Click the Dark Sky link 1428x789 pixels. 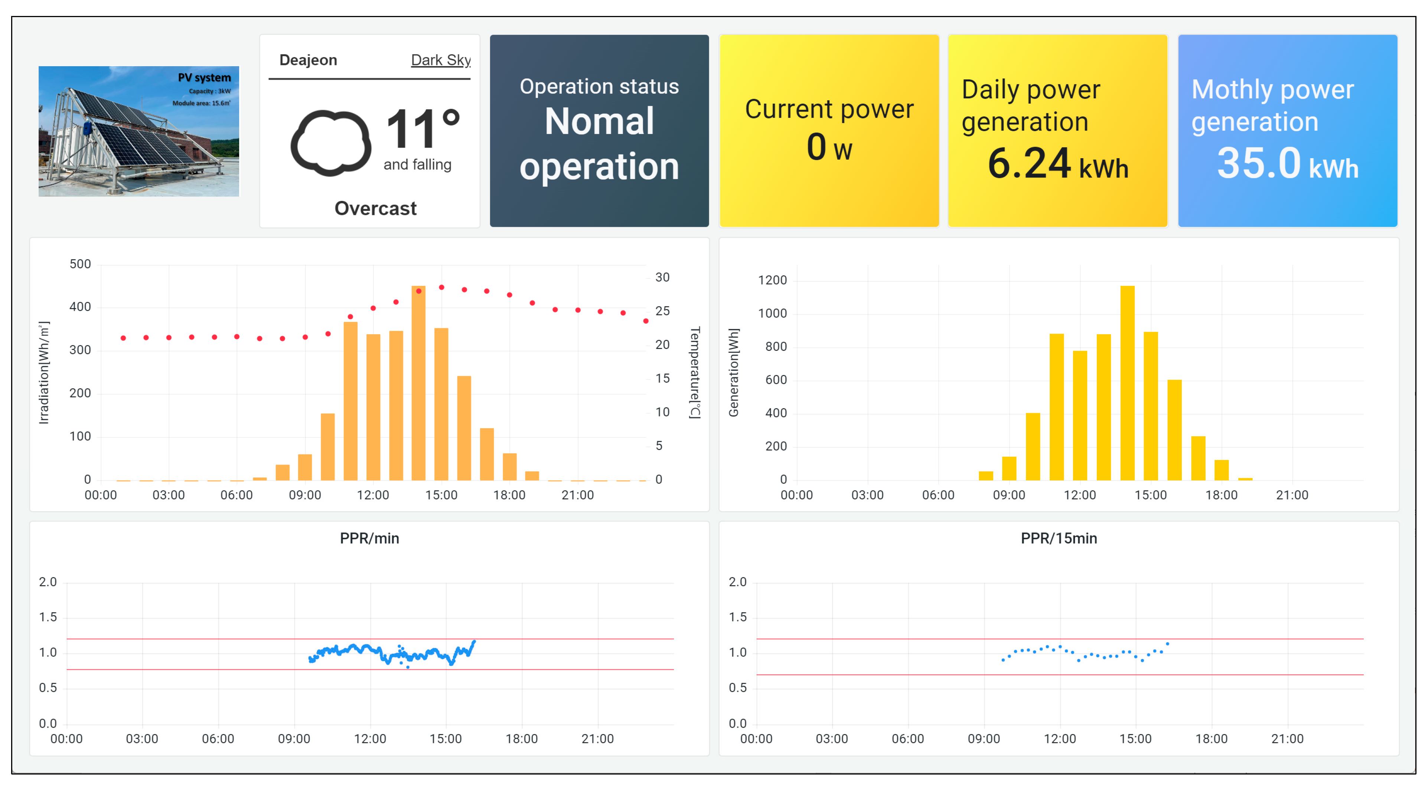click(x=441, y=60)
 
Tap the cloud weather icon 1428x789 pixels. click(x=331, y=143)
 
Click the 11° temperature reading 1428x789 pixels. click(x=423, y=128)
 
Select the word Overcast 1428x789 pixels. click(x=375, y=208)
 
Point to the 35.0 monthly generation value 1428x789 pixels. click(x=1258, y=164)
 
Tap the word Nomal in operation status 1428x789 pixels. click(x=599, y=121)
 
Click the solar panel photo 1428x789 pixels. click(x=138, y=131)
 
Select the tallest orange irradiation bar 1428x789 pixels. click(x=418, y=382)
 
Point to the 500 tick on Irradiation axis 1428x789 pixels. click(x=80, y=264)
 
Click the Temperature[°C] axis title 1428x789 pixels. click(x=695, y=372)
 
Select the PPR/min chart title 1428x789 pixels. click(x=369, y=538)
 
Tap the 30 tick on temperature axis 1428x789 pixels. click(x=662, y=278)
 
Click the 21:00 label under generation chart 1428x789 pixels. click(x=1292, y=495)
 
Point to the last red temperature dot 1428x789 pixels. click(x=646, y=321)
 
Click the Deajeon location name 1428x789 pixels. click(x=308, y=60)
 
